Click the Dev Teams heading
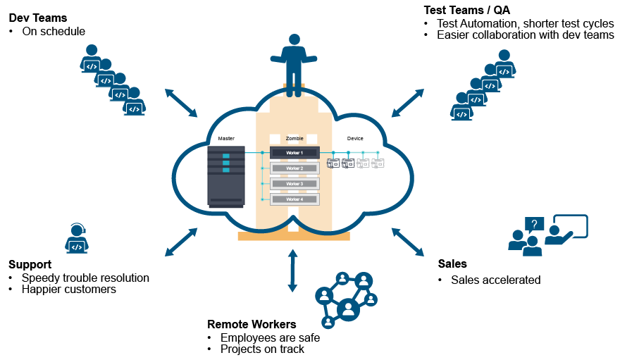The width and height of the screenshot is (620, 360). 37,18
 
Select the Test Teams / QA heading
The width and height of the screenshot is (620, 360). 466,10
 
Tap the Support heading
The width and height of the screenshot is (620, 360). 30,264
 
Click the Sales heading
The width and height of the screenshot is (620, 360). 452,263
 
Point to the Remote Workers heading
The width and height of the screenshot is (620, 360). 252,324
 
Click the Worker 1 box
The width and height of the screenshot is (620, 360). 294,152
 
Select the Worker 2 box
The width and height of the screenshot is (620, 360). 294,168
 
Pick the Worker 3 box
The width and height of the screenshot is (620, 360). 294,184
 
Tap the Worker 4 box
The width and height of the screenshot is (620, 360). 294,199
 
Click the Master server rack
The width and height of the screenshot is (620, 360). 226,176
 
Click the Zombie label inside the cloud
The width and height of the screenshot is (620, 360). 294,139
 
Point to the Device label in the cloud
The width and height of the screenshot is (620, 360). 355,139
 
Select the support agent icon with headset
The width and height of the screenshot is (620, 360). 77,238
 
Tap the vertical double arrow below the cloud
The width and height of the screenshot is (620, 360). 293,270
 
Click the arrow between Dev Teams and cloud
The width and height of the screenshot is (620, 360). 181,103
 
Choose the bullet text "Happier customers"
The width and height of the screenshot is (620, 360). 68,289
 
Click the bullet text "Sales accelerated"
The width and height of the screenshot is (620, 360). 495,280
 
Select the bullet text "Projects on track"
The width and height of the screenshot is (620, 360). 262,349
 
